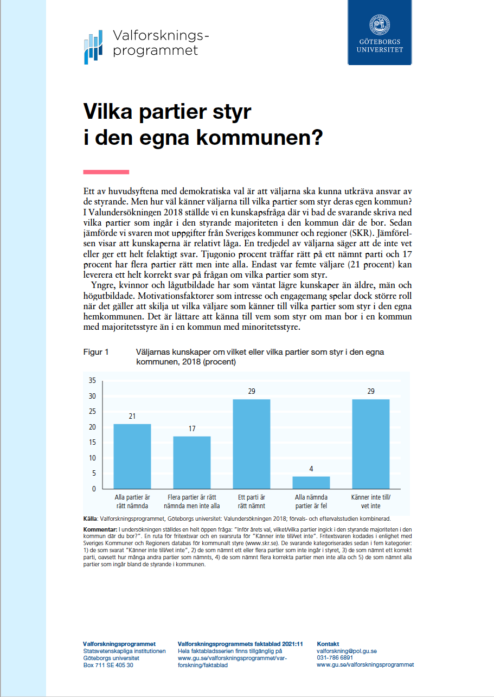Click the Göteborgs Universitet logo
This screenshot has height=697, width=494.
(380, 33)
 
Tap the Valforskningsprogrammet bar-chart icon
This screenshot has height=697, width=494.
(93, 48)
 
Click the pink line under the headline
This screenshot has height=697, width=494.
(106, 172)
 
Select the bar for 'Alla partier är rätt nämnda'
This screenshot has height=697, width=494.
(132, 456)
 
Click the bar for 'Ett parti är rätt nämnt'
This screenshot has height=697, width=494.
(251, 443)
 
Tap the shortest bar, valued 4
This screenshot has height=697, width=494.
(311, 482)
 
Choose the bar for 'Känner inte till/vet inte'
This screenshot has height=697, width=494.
(371, 443)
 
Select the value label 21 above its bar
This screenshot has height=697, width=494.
(132, 417)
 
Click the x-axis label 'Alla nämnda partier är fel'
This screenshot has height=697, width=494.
(311, 502)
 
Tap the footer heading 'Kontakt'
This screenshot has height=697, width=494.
(328, 644)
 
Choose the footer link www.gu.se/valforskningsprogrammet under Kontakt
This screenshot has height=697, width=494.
(365, 664)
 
